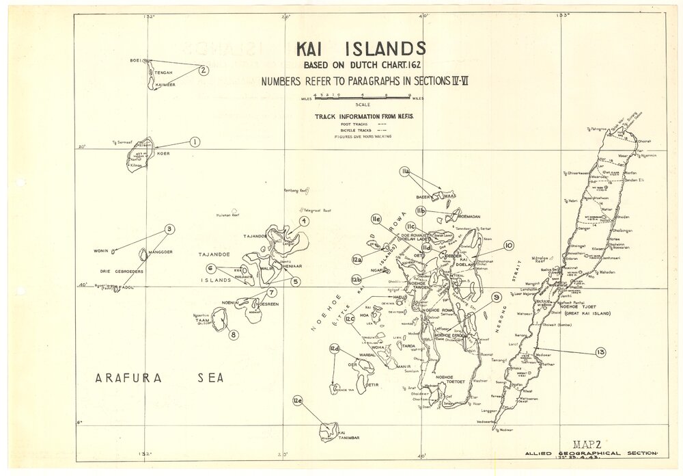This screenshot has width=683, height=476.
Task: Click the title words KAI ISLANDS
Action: pos(361,49)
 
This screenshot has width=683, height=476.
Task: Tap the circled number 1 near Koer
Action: pos(195,142)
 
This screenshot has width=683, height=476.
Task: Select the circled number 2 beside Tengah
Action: pos(204,69)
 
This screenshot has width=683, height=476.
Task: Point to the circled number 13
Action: pos(600,352)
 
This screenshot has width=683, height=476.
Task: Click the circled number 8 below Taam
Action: pos(234,334)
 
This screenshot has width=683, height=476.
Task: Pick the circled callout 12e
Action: pos(297,401)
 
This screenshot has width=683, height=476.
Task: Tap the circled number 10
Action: pos(508,245)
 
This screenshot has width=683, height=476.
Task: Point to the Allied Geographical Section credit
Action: pos(591,453)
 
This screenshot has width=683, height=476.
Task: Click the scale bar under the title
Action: pos(361,97)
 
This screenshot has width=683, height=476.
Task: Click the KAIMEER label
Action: pos(165,85)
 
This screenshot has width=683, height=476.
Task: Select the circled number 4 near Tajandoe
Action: pos(304,220)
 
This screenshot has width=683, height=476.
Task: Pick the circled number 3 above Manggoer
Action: pos(169,229)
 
